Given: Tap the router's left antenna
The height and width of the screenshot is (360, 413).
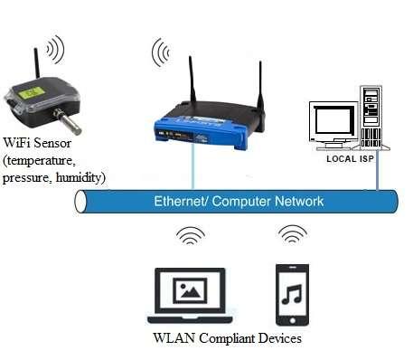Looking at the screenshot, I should [x=192, y=86].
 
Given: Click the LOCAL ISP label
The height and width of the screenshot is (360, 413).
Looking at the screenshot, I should [x=352, y=159].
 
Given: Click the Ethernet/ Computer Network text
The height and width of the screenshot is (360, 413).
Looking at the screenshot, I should [x=238, y=201].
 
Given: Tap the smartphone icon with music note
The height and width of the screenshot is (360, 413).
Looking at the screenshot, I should [x=292, y=295].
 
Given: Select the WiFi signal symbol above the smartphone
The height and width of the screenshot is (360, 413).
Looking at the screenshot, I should [x=292, y=235].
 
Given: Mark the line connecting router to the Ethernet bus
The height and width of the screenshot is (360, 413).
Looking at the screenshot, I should [x=192, y=167].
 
